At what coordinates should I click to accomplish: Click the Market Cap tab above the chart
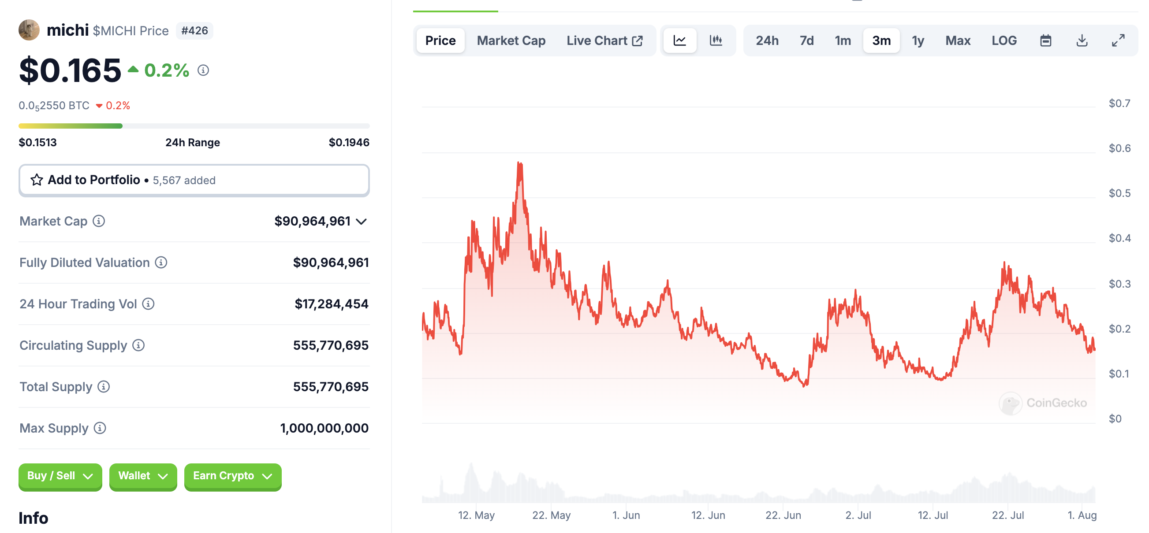pyautogui.click(x=511, y=41)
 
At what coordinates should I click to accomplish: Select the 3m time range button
pyautogui.click(x=881, y=41)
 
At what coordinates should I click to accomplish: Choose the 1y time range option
pyautogui.click(x=918, y=41)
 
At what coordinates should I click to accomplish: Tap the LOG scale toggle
pyautogui.click(x=1004, y=41)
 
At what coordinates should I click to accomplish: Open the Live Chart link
pyautogui.click(x=604, y=41)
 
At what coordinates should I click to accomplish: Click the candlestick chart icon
pyautogui.click(x=716, y=41)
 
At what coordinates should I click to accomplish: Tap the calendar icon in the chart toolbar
pyautogui.click(x=1045, y=41)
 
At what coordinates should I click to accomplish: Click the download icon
pyautogui.click(x=1082, y=41)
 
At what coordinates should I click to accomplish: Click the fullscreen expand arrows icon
pyautogui.click(x=1118, y=41)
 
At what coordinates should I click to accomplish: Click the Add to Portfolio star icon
pyautogui.click(x=37, y=180)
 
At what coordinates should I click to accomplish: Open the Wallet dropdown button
pyautogui.click(x=143, y=476)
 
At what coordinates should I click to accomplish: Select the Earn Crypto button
pyautogui.click(x=232, y=476)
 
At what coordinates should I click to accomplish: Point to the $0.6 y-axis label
pyautogui.click(x=1119, y=148)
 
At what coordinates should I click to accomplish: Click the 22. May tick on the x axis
pyautogui.click(x=551, y=515)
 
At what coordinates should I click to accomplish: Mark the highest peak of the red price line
pyautogui.click(x=519, y=163)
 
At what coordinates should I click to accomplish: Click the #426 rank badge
pyautogui.click(x=194, y=31)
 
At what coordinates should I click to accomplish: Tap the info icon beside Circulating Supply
pyautogui.click(x=139, y=345)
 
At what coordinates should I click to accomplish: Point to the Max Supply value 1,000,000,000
pyautogui.click(x=324, y=428)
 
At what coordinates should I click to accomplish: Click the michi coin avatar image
pyautogui.click(x=29, y=30)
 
